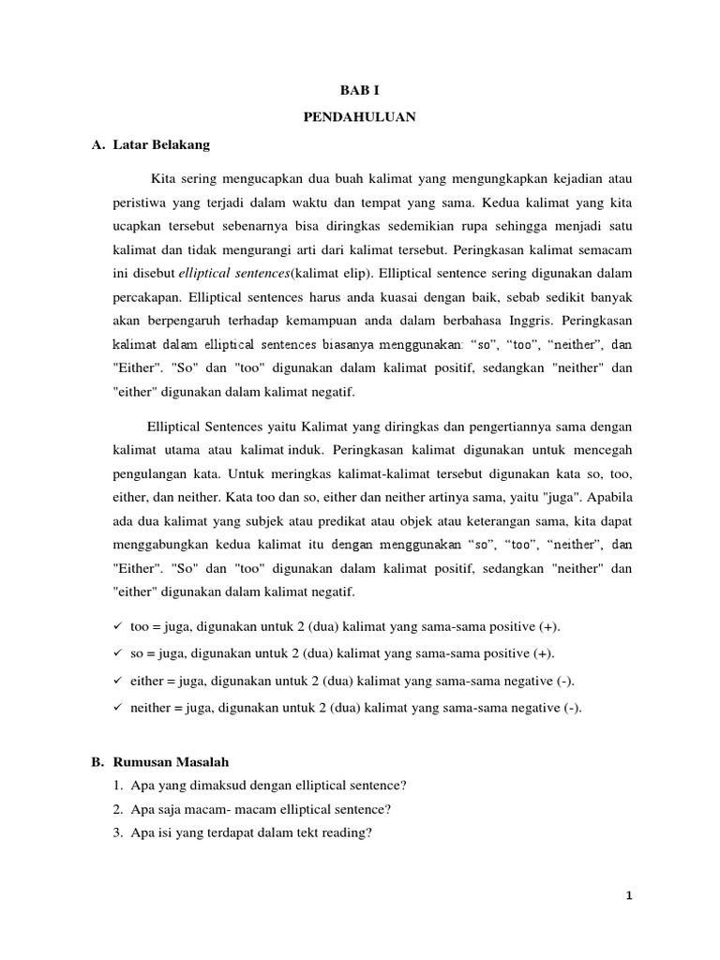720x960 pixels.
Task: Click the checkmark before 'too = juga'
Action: coord(116,625)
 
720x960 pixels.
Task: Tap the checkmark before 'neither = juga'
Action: coord(116,708)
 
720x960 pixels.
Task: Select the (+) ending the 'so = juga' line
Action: coord(545,653)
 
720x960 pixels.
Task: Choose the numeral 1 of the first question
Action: coord(116,786)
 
